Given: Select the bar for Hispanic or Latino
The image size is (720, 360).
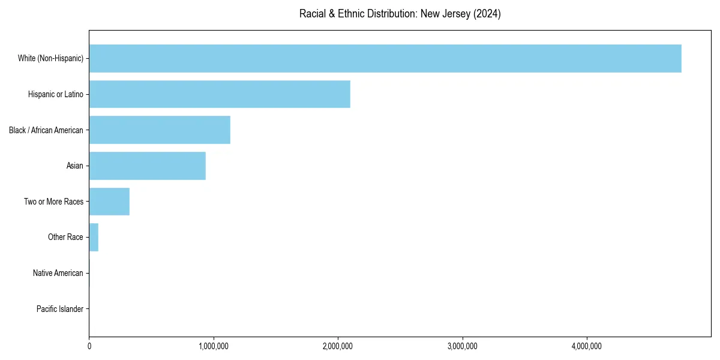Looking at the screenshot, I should (220, 94).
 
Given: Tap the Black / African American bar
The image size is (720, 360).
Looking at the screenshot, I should (160, 130).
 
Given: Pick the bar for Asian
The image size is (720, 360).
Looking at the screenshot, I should (148, 166).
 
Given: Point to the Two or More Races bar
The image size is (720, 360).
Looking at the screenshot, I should (109, 202).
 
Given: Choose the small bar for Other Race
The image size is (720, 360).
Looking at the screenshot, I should (94, 238).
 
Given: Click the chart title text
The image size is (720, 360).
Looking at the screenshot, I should (400, 14).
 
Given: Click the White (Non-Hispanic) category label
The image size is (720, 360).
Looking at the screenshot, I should (50, 58).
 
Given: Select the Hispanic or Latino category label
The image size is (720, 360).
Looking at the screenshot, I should (56, 94).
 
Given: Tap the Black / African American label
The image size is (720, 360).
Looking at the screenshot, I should (46, 130).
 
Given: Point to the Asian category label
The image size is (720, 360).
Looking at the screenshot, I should (75, 166).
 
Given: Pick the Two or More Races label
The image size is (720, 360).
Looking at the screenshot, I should (54, 202).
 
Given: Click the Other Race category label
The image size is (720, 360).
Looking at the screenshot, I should (65, 238).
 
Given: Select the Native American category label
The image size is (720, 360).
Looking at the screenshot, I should (58, 273).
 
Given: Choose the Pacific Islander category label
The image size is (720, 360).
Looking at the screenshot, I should (60, 309).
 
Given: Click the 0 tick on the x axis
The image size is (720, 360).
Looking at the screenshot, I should (89, 346).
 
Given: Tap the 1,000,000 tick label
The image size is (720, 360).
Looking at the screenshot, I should (214, 346).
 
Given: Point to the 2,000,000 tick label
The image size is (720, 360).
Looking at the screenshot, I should (338, 346).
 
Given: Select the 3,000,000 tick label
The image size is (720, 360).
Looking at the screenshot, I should (463, 346).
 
